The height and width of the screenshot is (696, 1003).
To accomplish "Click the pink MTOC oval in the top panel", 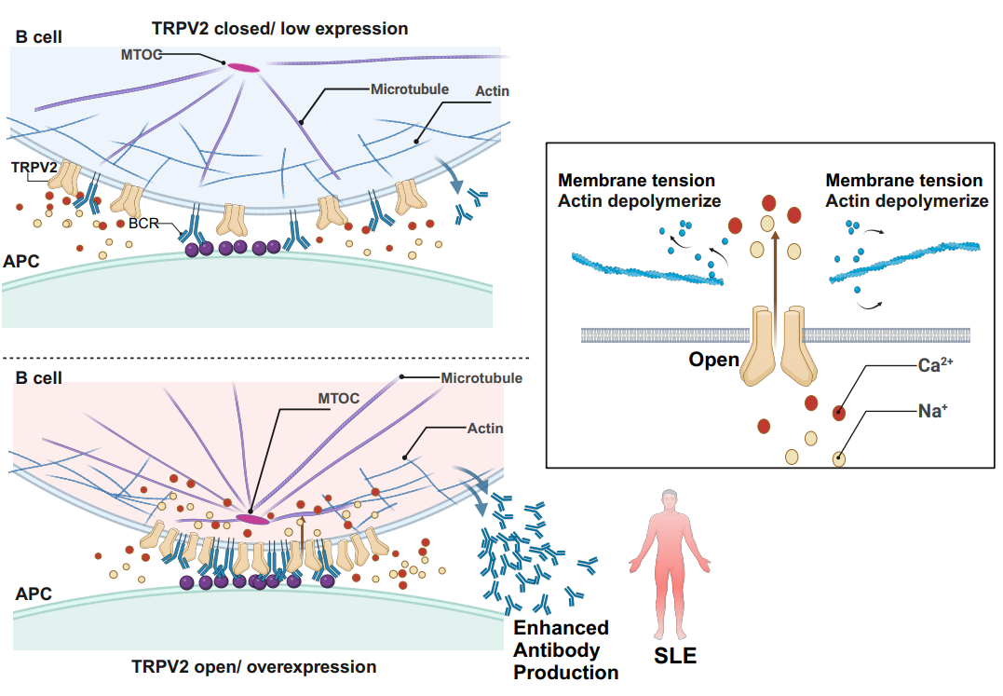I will click(x=243, y=67).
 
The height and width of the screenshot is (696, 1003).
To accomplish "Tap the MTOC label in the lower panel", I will click(x=338, y=398).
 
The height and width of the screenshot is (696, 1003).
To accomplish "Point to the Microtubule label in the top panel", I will click(x=410, y=89).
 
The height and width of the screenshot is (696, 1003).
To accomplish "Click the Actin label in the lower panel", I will click(x=484, y=429).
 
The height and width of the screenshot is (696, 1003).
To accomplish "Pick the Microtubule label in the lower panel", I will click(x=481, y=378).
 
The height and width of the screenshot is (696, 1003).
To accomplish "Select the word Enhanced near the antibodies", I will click(x=562, y=628).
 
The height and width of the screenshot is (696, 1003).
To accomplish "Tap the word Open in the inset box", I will click(x=713, y=360).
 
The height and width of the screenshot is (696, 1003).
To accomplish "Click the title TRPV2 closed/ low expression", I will click(x=279, y=29).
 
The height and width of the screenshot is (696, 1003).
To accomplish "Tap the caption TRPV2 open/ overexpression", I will click(x=254, y=667).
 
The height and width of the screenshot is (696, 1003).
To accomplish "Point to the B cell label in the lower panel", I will click(x=39, y=378).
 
